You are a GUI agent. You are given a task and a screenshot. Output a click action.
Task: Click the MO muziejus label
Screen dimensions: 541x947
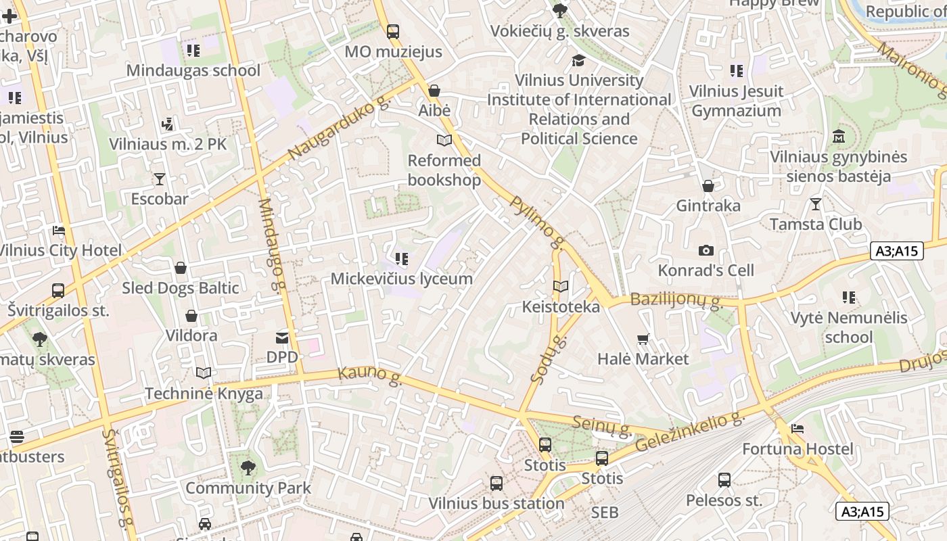click(x=393, y=51)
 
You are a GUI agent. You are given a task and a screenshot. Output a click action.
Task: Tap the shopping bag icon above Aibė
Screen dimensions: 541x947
click(x=434, y=91)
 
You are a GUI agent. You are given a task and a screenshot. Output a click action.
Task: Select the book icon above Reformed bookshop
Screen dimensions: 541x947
click(x=444, y=141)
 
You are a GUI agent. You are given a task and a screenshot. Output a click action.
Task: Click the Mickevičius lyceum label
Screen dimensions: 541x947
click(x=401, y=279)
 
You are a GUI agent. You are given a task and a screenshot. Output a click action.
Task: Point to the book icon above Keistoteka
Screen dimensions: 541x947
click(x=561, y=287)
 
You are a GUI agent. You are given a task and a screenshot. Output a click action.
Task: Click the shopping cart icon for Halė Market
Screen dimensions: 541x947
click(x=643, y=339)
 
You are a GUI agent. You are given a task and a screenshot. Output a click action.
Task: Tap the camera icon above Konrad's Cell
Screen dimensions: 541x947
click(x=706, y=251)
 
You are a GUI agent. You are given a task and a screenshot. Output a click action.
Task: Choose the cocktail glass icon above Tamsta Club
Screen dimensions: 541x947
click(x=816, y=204)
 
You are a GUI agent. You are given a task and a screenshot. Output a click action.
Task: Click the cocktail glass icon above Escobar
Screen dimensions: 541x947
click(x=160, y=179)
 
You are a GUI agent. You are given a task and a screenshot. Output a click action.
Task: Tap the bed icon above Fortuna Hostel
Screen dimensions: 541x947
click(x=798, y=429)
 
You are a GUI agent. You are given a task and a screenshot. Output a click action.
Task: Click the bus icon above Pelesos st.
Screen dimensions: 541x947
click(x=724, y=480)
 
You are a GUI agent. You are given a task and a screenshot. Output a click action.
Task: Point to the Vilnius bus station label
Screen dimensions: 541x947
click(x=496, y=503)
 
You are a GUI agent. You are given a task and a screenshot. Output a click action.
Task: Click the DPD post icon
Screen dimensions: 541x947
click(x=282, y=337)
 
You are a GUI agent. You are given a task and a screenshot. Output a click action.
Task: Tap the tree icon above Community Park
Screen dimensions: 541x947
click(x=248, y=467)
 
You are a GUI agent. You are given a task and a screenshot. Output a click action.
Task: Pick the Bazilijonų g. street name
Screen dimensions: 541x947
click(x=676, y=300)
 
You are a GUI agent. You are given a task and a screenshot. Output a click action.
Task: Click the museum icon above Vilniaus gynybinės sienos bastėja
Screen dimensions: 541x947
click(x=839, y=137)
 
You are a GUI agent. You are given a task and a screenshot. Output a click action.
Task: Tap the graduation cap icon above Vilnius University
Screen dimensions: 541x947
click(x=578, y=61)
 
